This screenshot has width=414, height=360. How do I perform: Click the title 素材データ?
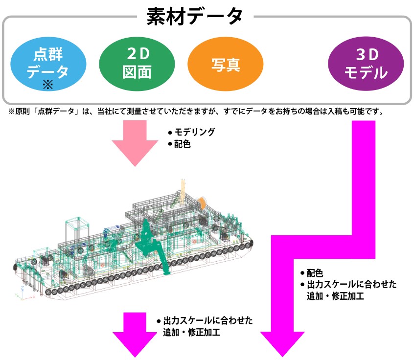coord(195,16)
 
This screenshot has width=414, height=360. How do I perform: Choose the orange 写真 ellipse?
coord(226,65)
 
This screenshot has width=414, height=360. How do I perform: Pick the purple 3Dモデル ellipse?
coord(366,64)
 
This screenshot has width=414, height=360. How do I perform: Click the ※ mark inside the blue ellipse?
coord(47,85)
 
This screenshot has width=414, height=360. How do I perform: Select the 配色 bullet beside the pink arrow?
coord(182,144)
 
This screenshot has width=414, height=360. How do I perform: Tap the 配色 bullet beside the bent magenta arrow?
coord(315,273)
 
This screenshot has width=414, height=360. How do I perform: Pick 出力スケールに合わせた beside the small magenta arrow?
coord(208,321)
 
